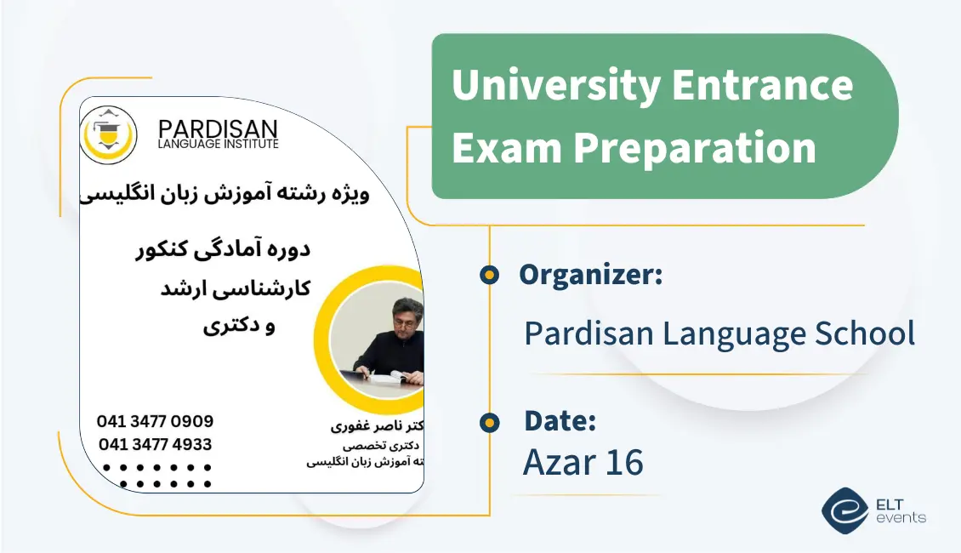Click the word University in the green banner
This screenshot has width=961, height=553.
(555, 86)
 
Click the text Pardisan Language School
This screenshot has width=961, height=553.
(719, 334)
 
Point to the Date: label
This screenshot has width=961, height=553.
(560, 420)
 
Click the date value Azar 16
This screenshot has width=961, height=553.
(583, 462)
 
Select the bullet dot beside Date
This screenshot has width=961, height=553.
(489, 421)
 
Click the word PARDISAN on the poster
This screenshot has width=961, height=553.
(218, 129)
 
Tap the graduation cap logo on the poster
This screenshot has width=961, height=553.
(108, 134)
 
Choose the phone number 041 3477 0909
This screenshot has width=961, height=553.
(155, 422)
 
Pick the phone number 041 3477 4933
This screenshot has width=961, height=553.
(155, 444)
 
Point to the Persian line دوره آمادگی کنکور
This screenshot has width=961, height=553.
(224, 250)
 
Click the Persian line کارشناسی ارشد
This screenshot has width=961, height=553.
(235, 288)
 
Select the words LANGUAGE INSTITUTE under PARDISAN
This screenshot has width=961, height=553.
(218, 145)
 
